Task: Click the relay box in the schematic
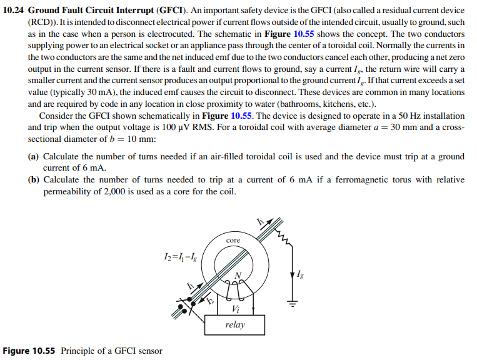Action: pos(234,324)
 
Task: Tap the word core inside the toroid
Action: pos(233,240)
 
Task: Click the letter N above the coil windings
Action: pos(237,275)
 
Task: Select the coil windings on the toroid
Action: pos(234,287)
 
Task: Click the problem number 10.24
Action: pos(14,11)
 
